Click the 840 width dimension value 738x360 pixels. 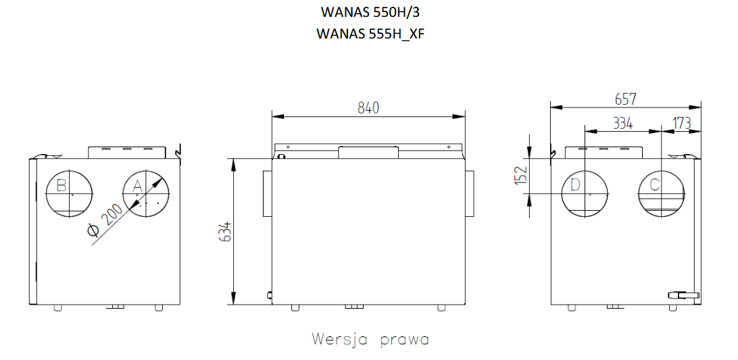[x=368, y=107]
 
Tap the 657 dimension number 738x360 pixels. [x=625, y=99]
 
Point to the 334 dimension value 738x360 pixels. [x=622, y=123]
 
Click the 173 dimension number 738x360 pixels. [x=682, y=123]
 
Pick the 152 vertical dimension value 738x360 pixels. [x=520, y=175]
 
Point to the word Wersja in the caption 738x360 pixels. [x=339, y=338]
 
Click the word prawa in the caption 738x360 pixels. [x=404, y=338]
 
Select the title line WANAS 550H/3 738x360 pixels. [x=370, y=13]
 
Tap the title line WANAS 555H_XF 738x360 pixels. [x=370, y=33]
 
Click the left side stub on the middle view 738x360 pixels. [x=266, y=194]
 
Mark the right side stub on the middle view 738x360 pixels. [x=470, y=194]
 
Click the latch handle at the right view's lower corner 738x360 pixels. [x=683, y=295]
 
